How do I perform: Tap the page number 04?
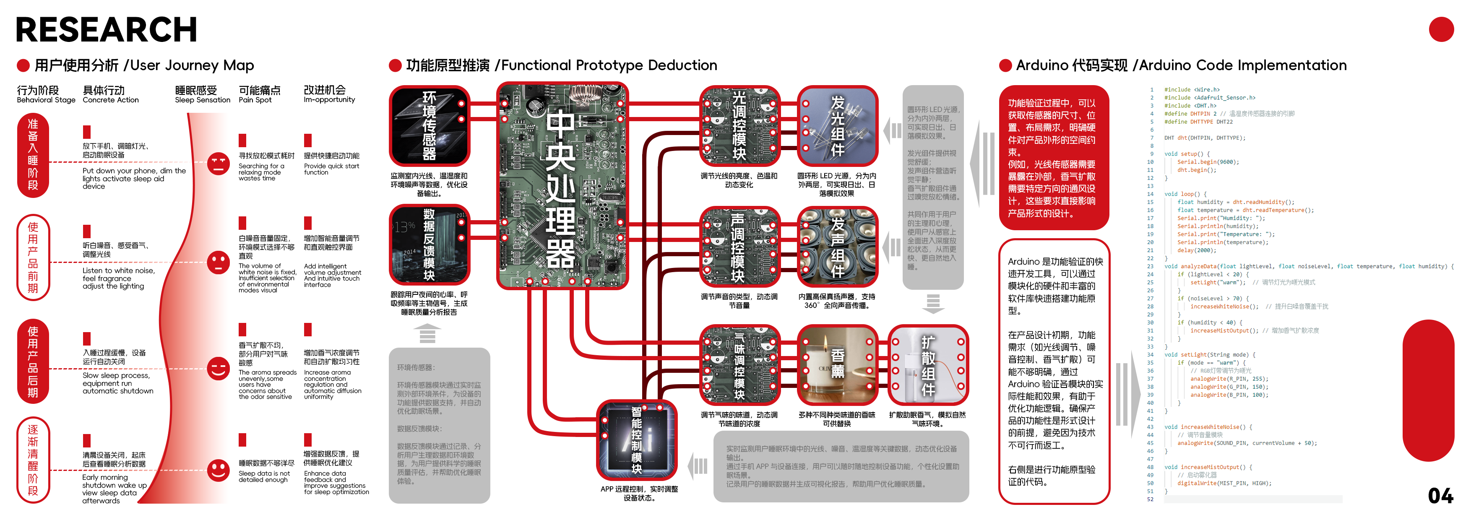point(1440,495)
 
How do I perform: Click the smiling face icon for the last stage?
point(218,471)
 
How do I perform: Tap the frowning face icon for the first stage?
point(218,164)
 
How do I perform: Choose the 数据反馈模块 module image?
point(430,245)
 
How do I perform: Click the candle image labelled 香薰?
point(836,364)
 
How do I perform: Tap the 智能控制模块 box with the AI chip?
point(636,440)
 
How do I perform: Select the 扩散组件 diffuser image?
point(928,364)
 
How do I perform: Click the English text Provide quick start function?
point(331,169)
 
